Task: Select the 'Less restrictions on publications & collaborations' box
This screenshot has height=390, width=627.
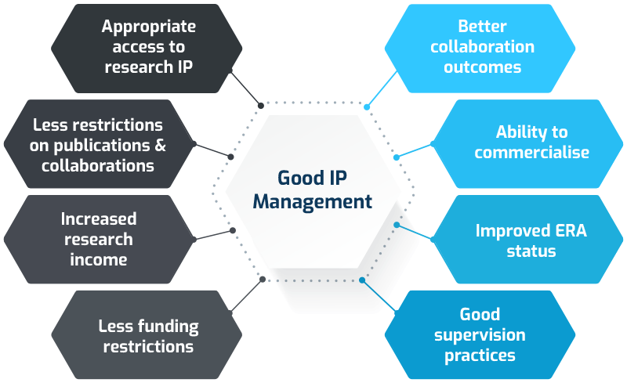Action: pyautogui.click(x=98, y=145)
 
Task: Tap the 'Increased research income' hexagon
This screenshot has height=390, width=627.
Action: pyautogui.click(x=98, y=239)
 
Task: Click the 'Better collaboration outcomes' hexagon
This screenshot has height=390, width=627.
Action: pyautogui.click(x=480, y=47)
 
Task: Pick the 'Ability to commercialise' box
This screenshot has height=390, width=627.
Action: pyautogui.click(x=530, y=143)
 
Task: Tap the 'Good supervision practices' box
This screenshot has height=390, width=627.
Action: pyautogui.click(x=480, y=335)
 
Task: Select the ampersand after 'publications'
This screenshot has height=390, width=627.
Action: pyautogui.click(x=160, y=145)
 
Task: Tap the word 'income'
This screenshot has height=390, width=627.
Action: pyautogui.click(x=98, y=258)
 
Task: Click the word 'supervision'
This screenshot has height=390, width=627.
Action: pyautogui.click(x=480, y=335)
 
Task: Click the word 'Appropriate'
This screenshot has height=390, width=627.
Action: pyautogui.click(x=148, y=27)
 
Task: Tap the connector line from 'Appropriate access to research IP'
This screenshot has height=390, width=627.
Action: pyautogui.click(x=245, y=88)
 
